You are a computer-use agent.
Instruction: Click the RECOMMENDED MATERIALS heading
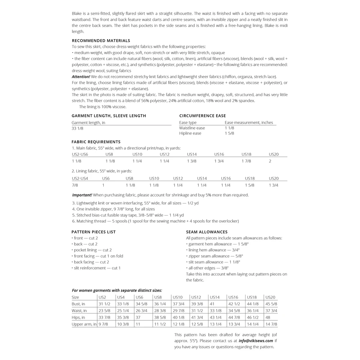click(x=101, y=41)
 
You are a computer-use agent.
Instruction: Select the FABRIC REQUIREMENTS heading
click(x=96, y=142)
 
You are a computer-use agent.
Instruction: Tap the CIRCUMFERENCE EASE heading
click(x=202, y=116)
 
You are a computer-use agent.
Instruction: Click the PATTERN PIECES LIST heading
click(x=94, y=232)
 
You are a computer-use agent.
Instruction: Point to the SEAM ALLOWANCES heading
click(x=207, y=232)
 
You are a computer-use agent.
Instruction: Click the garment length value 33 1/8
click(x=77, y=128)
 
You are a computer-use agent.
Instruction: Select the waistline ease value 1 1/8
click(x=229, y=128)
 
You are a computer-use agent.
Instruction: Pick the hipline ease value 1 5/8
click(x=229, y=133)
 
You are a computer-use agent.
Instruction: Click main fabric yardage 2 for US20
click(x=270, y=161)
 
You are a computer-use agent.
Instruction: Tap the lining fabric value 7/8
click(x=75, y=185)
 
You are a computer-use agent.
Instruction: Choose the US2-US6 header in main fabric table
click(x=80, y=154)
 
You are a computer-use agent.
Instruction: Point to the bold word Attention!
click(x=81, y=77)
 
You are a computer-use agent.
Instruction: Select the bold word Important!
click(x=82, y=195)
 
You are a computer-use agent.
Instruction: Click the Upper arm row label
click(x=84, y=324)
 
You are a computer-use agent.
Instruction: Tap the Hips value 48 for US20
click(x=268, y=318)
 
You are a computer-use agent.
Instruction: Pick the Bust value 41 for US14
click(x=212, y=304)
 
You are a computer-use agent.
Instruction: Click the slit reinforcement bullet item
click(x=96, y=268)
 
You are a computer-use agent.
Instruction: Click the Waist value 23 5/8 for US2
click(x=104, y=311)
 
